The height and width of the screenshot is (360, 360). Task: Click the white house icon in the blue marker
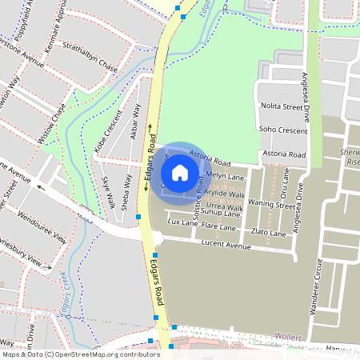(180, 172)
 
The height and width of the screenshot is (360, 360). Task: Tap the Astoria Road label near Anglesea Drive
(285, 154)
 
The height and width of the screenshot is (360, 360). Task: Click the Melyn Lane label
(225, 176)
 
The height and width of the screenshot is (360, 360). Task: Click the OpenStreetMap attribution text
(80, 354)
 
